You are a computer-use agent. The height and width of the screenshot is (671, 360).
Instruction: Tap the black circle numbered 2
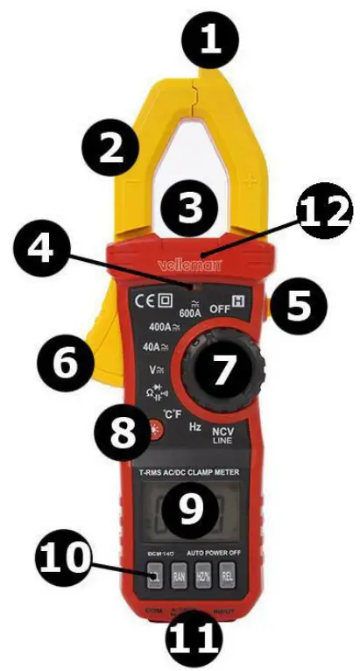pyautogui.click(x=112, y=149)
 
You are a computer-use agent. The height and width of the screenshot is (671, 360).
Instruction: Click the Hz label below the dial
pyautogui.click(x=198, y=426)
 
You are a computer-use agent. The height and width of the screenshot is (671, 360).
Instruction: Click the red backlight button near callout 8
pyautogui.click(x=156, y=429)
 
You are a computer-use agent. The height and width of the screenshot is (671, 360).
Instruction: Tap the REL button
pyautogui.click(x=227, y=576)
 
